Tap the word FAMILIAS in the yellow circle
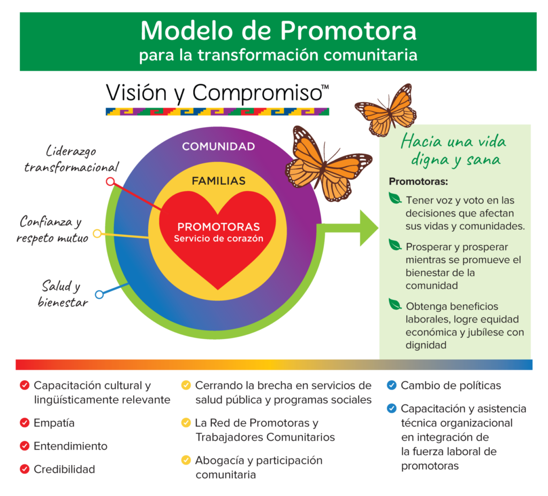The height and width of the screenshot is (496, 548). (218, 181)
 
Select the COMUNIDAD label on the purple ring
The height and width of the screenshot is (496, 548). (218, 146)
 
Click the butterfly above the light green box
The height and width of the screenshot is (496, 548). (386, 110)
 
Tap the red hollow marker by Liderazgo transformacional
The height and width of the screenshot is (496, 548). (110, 182)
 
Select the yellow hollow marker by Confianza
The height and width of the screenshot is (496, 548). (97, 234)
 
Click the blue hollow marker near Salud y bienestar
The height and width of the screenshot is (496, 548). (99, 294)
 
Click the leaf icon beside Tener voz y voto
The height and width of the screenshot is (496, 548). (395, 199)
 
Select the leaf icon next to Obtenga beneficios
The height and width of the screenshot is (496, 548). (395, 305)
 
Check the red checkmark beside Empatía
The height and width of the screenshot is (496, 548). (25, 423)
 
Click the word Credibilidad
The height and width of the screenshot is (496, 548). (64, 469)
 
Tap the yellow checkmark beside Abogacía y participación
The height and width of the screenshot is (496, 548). (186, 460)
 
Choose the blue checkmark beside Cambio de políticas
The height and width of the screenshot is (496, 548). (392, 385)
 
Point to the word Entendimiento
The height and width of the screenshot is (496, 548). (70, 446)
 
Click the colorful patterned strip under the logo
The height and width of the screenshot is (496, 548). (217, 112)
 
